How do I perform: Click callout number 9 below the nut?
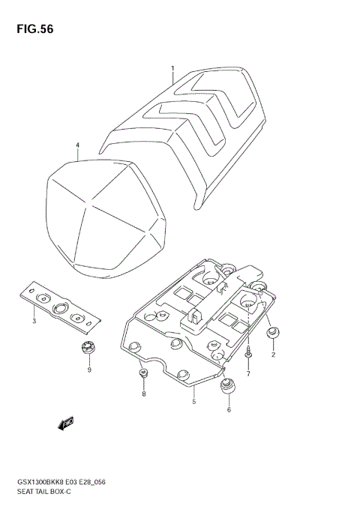[89, 370]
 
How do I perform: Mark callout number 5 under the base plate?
[193, 402]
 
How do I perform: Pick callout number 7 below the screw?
[248, 373]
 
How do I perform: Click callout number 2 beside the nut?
[273, 355]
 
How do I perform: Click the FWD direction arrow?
[63, 424]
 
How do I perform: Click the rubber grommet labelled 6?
[227, 388]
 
